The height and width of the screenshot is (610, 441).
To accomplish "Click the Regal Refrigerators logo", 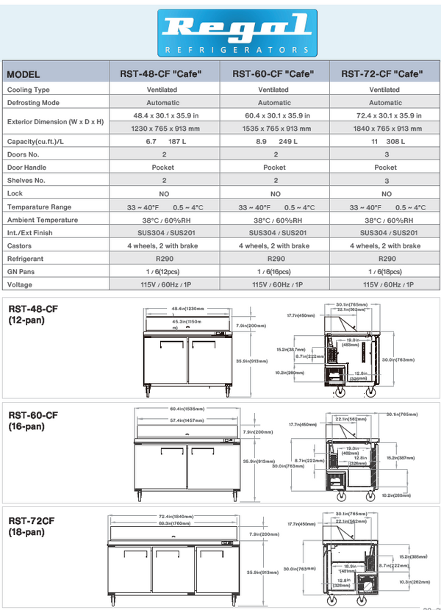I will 237,33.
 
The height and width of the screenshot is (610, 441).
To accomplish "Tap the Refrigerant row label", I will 26,259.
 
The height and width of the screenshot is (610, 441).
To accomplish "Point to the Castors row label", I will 21,245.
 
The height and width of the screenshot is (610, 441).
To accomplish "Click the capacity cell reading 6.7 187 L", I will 164,141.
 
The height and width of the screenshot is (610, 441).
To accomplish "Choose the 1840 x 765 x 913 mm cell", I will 385,128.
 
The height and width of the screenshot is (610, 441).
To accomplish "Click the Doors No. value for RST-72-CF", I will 385,154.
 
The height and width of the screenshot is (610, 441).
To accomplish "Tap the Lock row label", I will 15,193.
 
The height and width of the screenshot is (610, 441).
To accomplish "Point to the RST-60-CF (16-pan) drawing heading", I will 32,421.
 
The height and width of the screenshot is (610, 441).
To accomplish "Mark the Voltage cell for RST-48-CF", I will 164,284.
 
